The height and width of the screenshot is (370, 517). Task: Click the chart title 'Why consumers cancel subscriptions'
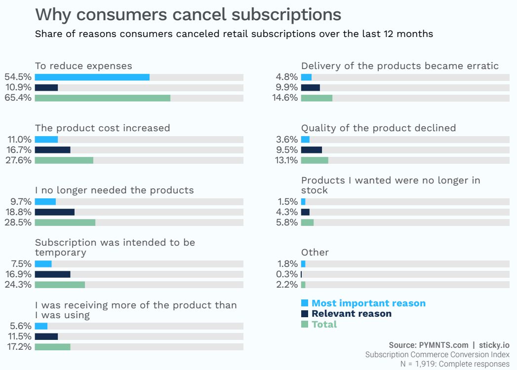click(x=188, y=14)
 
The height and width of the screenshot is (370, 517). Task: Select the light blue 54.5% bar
click(x=92, y=77)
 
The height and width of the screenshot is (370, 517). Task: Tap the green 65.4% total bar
click(x=102, y=98)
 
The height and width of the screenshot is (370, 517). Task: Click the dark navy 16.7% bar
click(x=52, y=149)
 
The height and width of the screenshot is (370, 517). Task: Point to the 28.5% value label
click(x=18, y=222)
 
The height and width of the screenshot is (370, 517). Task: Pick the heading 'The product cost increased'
click(x=102, y=128)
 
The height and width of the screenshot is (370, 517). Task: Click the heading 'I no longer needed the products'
click(x=114, y=190)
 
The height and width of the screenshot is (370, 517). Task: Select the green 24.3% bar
click(x=60, y=285)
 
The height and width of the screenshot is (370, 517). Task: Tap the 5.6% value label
click(x=21, y=326)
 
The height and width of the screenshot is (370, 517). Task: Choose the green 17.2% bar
click(x=52, y=347)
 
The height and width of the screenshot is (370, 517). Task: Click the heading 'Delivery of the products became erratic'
click(x=400, y=66)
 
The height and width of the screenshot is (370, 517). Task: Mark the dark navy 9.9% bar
click(x=310, y=87)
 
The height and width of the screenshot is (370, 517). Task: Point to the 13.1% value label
click(x=286, y=160)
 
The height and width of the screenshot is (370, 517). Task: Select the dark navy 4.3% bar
click(x=305, y=212)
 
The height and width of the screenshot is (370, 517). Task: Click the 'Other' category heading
click(x=315, y=253)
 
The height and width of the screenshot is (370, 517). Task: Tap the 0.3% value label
click(x=287, y=274)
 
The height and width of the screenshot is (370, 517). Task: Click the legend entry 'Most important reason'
click(x=368, y=303)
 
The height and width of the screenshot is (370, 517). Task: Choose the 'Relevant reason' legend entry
click(x=352, y=314)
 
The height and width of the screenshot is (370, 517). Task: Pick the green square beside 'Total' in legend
click(x=305, y=324)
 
